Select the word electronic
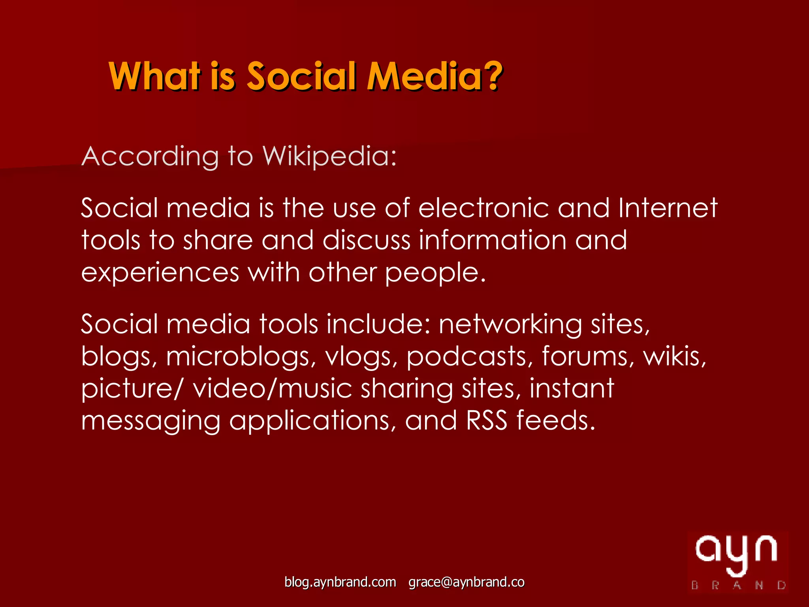tap(483, 208)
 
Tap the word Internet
tap(668, 208)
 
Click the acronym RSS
tap(486, 420)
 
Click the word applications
tap(312, 421)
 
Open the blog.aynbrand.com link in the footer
tap(340, 582)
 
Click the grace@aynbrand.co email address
tap(467, 582)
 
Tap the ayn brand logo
tap(737, 562)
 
